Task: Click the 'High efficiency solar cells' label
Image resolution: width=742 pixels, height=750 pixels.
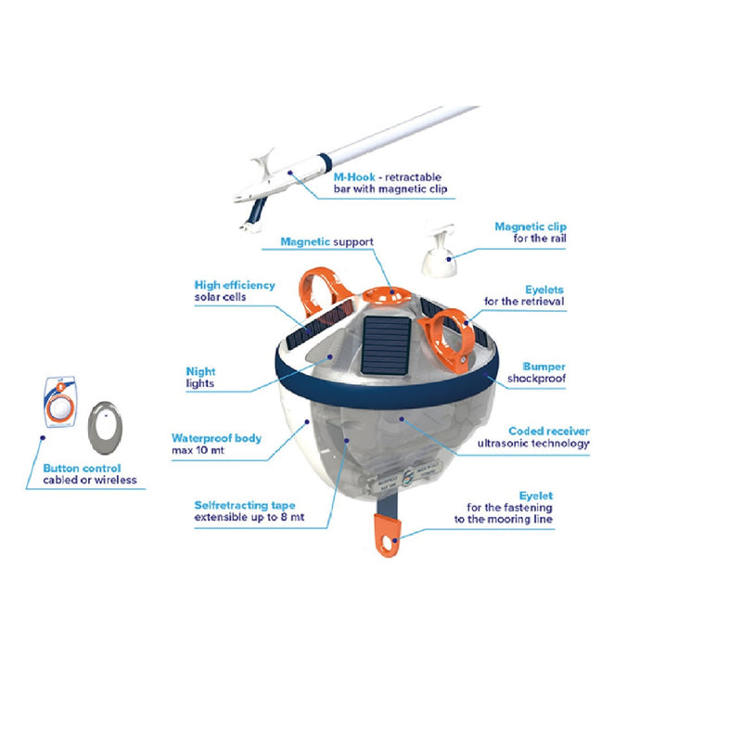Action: tap(234, 291)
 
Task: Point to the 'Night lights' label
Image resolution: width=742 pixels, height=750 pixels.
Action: tap(200, 376)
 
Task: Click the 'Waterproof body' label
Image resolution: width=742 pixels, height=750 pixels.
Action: tap(216, 443)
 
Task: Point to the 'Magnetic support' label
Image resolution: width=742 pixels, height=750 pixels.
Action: tap(326, 241)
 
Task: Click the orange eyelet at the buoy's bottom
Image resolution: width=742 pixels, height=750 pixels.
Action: tap(390, 537)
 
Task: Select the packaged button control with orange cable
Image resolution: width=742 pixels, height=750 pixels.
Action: tap(60, 404)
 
